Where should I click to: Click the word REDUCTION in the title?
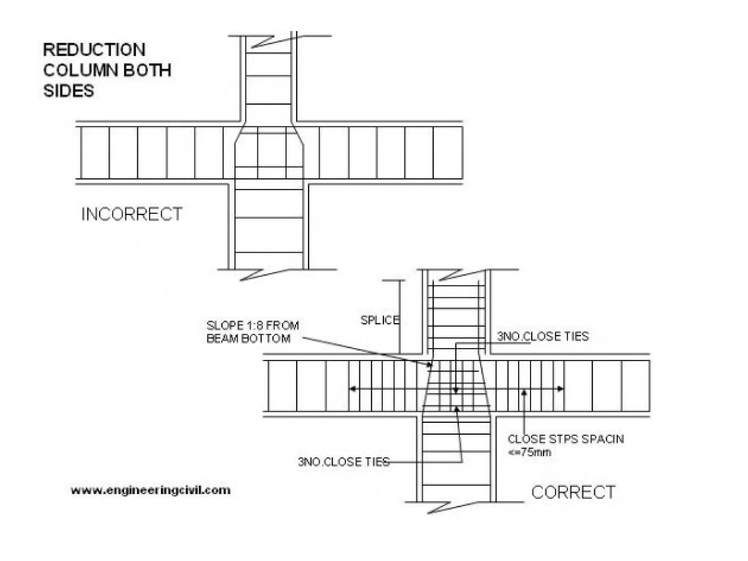coord(94,50)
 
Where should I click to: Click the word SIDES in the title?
coord(69,91)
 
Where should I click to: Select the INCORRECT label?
coord(131,214)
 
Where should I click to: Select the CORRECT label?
coord(573,492)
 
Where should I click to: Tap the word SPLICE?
coord(380,320)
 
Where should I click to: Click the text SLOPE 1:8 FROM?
coord(252,325)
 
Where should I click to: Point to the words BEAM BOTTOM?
coord(248,339)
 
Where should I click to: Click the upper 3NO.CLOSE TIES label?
coord(543,336)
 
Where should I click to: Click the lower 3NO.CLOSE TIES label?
coord(344,462)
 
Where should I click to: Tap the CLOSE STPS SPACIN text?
coord(566,439)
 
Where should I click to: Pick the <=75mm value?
coord(529,453)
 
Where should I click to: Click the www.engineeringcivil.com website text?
coord(150,490)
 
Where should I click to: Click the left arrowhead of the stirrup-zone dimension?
coord(352,389)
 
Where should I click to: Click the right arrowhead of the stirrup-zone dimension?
coord(560,389)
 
